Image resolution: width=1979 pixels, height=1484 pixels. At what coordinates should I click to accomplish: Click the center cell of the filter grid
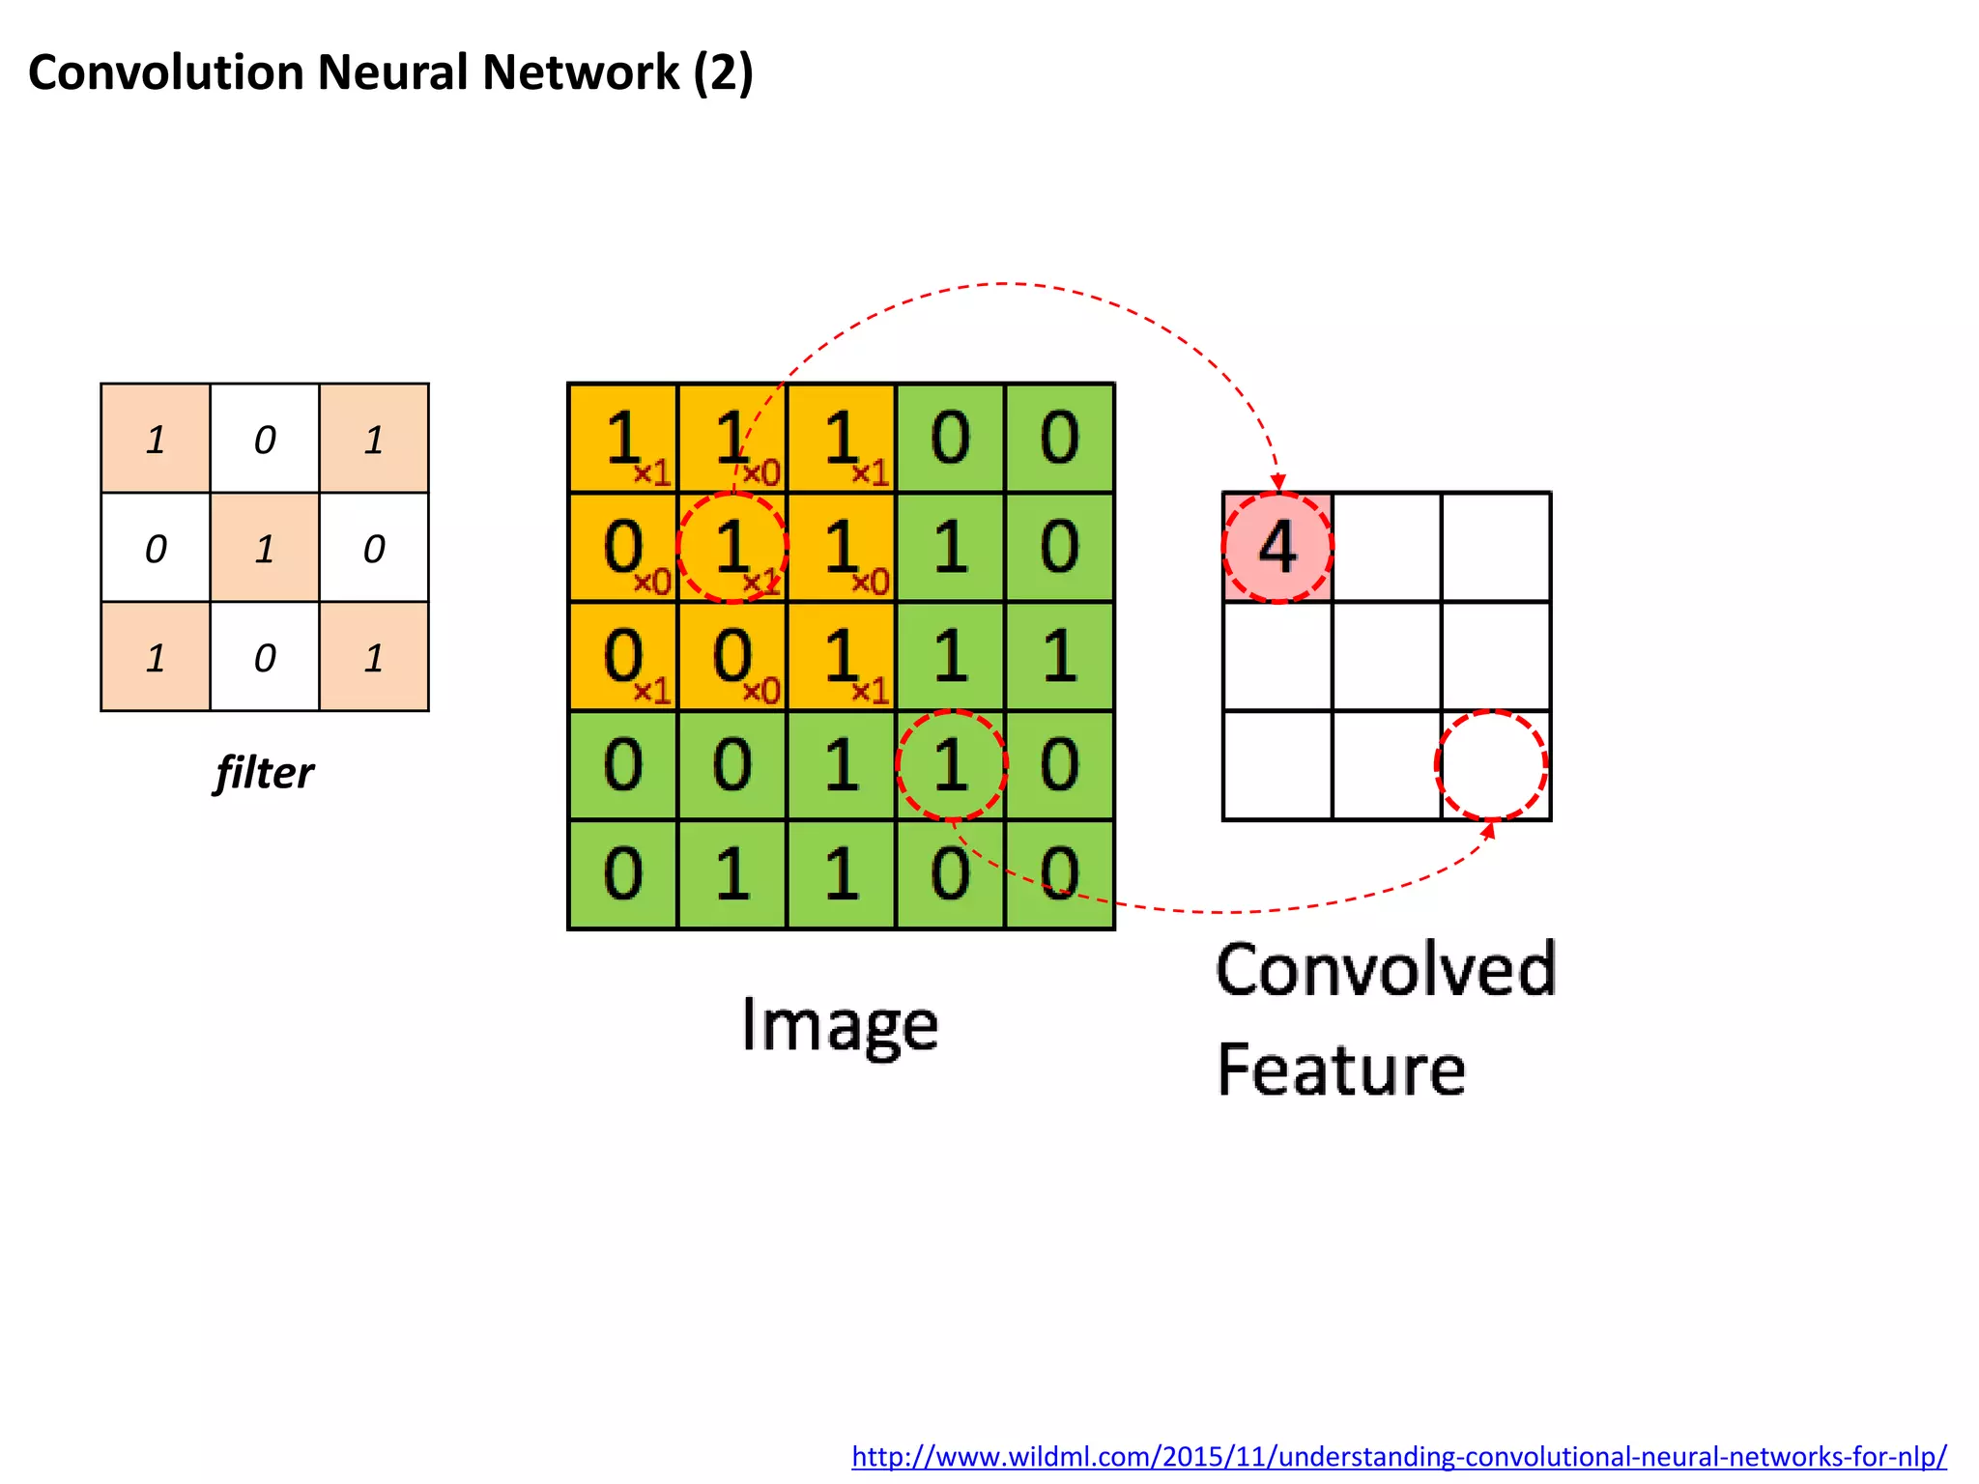pos(265,548)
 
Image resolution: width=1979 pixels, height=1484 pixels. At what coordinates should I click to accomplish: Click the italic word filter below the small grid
pos(264,773)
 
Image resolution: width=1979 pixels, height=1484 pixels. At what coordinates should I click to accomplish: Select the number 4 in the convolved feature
pos(1277,547)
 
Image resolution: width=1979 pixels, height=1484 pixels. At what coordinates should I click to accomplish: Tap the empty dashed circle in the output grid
pos(1491,765)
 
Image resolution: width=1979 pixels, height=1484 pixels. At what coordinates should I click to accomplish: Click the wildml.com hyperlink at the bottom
pos(1398,1456)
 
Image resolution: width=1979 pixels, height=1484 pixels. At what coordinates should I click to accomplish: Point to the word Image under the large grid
pos(840,1025)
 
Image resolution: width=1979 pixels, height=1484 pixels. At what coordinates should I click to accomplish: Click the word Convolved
pos(1386,970)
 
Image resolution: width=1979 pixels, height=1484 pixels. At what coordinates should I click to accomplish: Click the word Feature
pos(1341,1070)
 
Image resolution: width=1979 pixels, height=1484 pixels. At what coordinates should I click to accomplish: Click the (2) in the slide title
pos(723,72)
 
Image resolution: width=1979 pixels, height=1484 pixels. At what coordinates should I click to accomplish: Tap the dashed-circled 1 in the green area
pos(952,765)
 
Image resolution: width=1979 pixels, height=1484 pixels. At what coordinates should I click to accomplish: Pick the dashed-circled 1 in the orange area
pos(732,547)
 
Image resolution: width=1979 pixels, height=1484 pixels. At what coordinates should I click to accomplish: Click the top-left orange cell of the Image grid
pos(623,438)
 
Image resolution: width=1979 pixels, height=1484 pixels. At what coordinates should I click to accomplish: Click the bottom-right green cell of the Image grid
pos(1060,874)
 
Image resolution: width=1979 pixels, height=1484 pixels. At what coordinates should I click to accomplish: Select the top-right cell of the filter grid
pos(374,439)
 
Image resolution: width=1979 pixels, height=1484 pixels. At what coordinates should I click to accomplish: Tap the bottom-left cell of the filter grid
pos(156,657)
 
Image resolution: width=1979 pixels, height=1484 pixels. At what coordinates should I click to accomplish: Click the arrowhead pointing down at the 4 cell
pos(1278,482)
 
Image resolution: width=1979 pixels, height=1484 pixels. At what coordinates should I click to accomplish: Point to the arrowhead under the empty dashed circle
pos(1489,829)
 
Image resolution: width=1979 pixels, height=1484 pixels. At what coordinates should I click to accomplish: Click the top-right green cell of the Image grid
pos(1060,438)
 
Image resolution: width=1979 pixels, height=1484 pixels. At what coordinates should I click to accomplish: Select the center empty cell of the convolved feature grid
pos(1387,656)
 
